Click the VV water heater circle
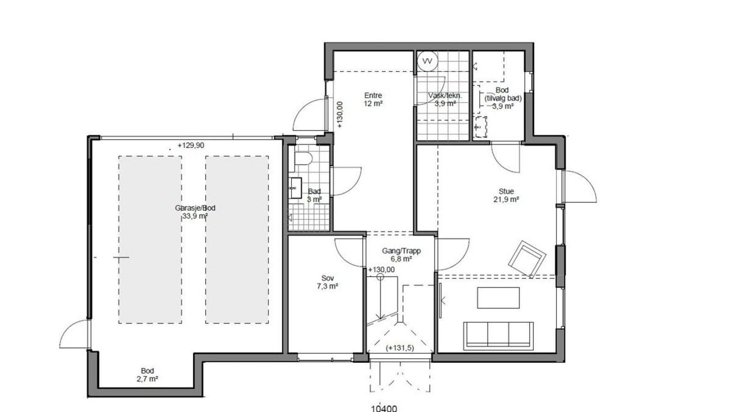click(x=427, y=61)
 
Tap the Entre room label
click(x=373, y=99)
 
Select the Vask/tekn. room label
click(x=445, y=99)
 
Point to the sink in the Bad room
click(x=296, y=188)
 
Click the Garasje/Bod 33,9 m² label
click(x=195, y=212)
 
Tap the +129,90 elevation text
click(x=191, y=146)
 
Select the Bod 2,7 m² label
click(x=147, y=375)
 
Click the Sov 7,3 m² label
click(x=327, y=282)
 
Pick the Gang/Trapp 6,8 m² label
click(x=401, y=255)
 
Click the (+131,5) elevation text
click(x=400, y=348)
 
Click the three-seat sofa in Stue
click(x=498, y=335)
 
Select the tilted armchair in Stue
click(x=527, y=259)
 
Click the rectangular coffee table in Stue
click(x=498, y=297)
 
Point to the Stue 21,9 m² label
click(x=506, y=195)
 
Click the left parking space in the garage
click(x=150, y=240)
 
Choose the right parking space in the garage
click(x=237, y=240)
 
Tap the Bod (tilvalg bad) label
click(x=503, y=98)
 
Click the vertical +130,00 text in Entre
click(x=339, y=114)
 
